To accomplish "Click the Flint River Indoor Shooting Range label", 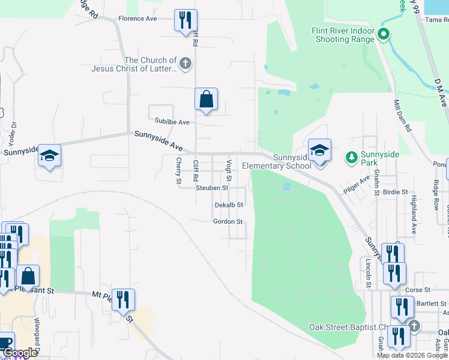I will pyautogui.click(x=343, y=35).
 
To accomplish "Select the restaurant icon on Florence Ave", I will pyautogui.click(x=185, y=20).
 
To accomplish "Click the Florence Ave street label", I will pyautogui.click(x=137, y=19).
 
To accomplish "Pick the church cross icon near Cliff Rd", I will pyautogui.click(x=185, y=62).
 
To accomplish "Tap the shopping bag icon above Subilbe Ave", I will pyautogui.click(x=206, y=100).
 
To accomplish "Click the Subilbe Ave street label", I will pyautogui.click(x=172, y=122).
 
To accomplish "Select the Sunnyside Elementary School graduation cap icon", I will pyautogui.click(x=319, y=150).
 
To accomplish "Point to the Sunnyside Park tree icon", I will pyautogui.click(x=351, y=158).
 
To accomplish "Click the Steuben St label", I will pyautogui.click(x=212, y=188).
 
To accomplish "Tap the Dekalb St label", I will pyautogui.click(x=229, y=205).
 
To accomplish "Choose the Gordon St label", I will pyautogui.click(x=228, y=221).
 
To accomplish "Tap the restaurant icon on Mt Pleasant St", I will pyautogui.click(x=123, y=299).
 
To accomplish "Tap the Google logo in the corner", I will pyautogui.click(x=19, y=353).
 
